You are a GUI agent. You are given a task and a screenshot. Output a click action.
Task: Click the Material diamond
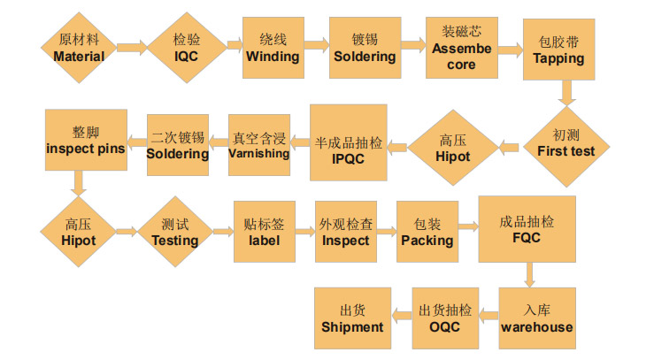[x=79, y=48]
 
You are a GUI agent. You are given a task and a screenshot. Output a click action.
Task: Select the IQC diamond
[x=187, y=48]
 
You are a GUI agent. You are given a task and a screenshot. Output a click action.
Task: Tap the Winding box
[x=273, y=48]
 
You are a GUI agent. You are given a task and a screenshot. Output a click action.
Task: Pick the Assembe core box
[x=461, y=48]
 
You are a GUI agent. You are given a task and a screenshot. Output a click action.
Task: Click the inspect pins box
[x=85, y=141]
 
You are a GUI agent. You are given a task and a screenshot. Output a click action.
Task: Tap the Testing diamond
[x=175, y=233]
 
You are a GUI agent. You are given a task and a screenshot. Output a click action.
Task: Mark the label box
[x=264, y=232]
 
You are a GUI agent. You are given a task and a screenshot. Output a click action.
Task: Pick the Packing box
[x=427, y=232]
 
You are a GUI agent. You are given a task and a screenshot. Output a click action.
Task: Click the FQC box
[x=527, y=230]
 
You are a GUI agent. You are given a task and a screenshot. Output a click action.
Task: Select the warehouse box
[x=536, y=318]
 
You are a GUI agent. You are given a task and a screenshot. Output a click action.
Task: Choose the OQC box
[x=445, y=318]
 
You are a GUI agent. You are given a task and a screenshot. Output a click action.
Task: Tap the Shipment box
[x=352, y=318]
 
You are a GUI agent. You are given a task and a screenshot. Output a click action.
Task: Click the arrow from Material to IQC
[x=131, y=48]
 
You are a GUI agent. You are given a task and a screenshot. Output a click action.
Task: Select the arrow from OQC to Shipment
[x=401, y=318]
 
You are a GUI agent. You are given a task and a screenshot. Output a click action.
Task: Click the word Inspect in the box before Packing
[x=345, y=241]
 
